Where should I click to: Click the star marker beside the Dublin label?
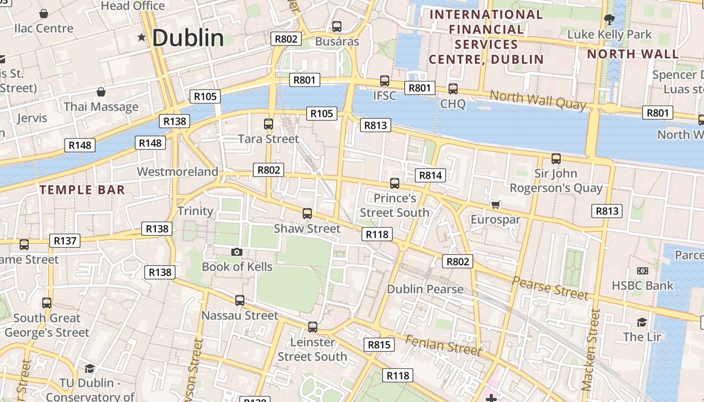coord(141,38)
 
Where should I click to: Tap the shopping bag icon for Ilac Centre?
coord(44,14)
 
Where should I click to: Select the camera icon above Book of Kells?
coord(237,252)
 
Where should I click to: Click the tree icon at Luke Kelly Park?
coord(609,20)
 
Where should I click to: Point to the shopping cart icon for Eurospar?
coord(495,205)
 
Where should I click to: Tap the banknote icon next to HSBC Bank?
coord(642,271)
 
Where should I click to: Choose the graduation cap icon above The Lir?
coord(642,322)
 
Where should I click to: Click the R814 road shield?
coord(430,175)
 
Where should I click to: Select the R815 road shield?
coord(379,345)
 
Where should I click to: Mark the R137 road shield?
coord(65,241)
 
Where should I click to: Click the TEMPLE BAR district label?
coord(82,190)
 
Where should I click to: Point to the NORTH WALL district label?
coord(633,54)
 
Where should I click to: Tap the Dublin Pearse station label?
coord(425,289)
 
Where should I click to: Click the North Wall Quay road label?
coord(538,99)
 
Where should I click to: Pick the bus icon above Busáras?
coord(337,27)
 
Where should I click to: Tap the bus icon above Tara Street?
coord(269,124)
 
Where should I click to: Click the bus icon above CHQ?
coord(453,89)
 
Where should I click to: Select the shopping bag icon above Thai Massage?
coord(101,92)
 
